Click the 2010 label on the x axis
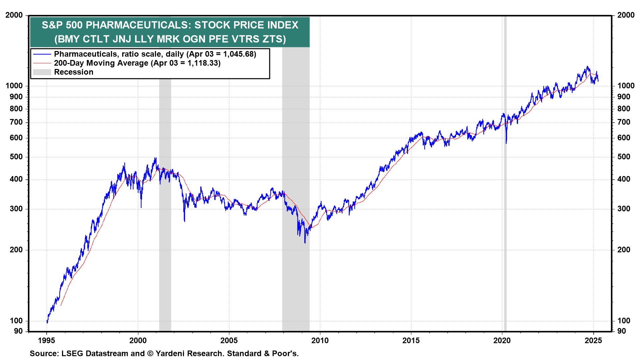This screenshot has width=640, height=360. (320, 340)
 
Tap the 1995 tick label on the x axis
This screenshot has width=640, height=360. (47, 340)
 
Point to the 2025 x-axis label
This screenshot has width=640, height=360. (593, 340)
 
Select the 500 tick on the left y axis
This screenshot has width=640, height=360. (16, 157)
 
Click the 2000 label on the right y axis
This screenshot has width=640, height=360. (626, 15)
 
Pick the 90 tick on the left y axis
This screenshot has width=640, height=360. (18, 331)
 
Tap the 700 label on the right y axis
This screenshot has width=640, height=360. (624, 122)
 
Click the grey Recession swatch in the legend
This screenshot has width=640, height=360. (42, 72)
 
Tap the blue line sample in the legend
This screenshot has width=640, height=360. (42, 54)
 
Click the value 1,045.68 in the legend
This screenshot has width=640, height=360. (238, 54)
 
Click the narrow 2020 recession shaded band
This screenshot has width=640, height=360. (505, 200)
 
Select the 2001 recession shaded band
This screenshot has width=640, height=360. (165, 233)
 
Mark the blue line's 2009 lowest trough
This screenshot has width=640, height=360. (305, 243)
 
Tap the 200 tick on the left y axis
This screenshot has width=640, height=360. (16, 250)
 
